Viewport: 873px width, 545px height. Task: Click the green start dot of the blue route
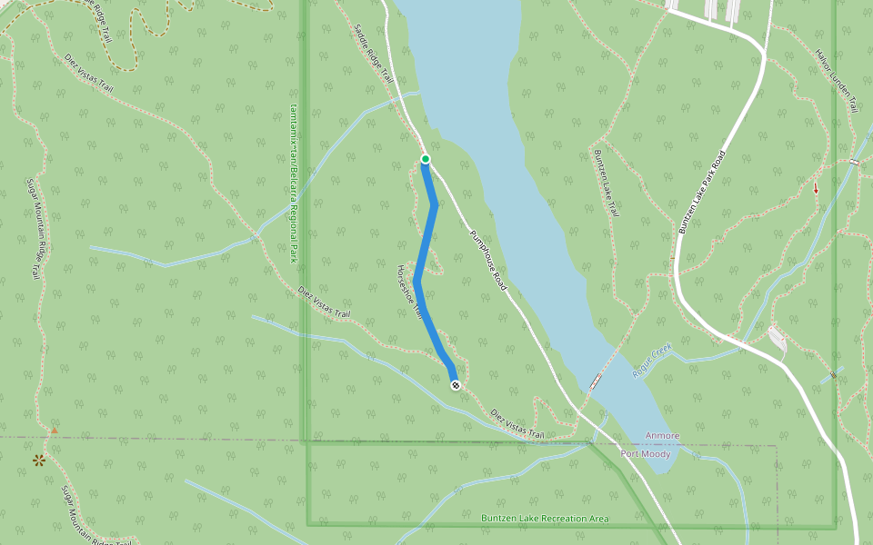tap(425, 160)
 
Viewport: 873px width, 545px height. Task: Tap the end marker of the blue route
tap(456, 385)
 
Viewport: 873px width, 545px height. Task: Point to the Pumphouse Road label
tap(487, 259)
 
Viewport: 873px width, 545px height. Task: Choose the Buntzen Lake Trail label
tap(606, 183)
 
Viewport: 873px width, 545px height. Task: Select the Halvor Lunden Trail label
tap(838, 80)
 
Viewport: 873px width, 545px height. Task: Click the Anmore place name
tap(662, 436)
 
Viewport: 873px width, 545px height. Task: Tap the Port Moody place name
tap(646, 453)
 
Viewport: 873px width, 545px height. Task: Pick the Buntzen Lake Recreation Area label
tap(545, 519)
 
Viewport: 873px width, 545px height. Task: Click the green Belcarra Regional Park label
tap(294, 181)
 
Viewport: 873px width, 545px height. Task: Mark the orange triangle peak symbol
tap(54, 430)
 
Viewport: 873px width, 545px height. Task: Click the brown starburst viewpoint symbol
tap(39, 461)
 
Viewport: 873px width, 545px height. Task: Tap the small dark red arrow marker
tap(815, 189)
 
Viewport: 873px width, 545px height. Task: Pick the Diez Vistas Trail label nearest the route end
tap(517, 424)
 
